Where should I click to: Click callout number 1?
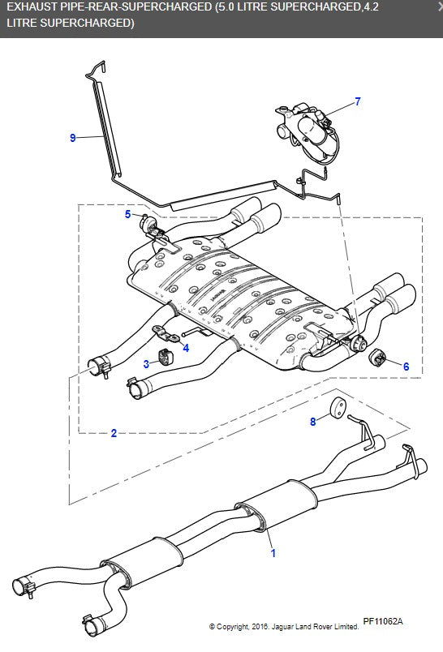(273, 554)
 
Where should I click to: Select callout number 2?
(114, 433)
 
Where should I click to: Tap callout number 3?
(147, 363)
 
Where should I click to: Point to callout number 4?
(186, 348)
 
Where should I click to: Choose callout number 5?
(127, 214)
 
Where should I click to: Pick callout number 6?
(406, 366)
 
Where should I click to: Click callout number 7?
(357, 102)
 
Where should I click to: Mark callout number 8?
(313, 422)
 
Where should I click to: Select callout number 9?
(73, 138)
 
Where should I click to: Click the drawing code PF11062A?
(382, 621)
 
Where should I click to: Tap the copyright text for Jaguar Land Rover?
(284, 626)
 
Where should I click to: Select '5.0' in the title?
(232, 8)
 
